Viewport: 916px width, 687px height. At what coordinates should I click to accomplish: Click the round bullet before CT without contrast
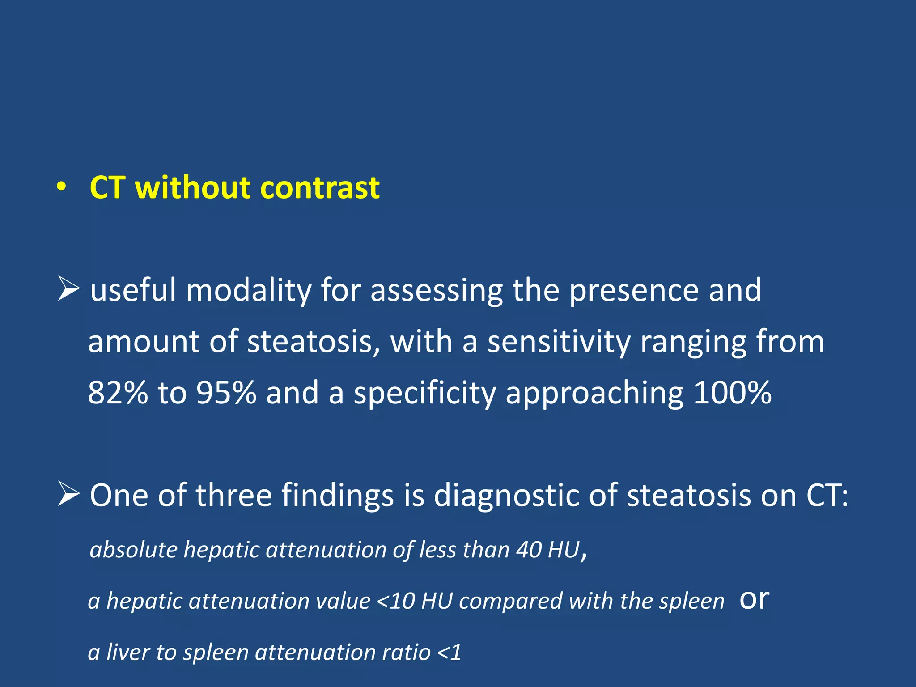(x=62, y=188)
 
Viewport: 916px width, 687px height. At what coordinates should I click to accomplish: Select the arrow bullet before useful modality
(x=69, y=289)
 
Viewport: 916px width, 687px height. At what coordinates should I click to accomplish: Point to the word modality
(x=248, y=291)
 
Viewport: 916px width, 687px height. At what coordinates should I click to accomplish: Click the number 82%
(x=117, y=393)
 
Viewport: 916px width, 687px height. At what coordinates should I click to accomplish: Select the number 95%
(x=226, y=393)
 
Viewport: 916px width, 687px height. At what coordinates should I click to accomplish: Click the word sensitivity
(x=559, y=342)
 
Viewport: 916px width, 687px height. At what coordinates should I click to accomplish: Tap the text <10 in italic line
(x=396, y=601)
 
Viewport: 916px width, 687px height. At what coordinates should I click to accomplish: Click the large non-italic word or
(x=754, y=599)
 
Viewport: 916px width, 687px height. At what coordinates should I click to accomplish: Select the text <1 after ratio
(x=449, y=652)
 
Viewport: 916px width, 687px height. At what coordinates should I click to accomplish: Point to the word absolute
(x=134, y=549)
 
